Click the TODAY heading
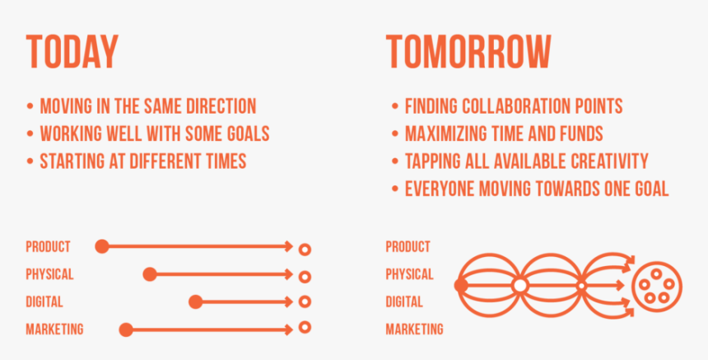click(x=72, y=52)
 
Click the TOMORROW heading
click(x=468, y=52)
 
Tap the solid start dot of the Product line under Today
click(x=102, y=246)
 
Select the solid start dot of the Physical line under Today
click(x=150, y=274)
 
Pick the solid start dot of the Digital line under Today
click(x=195, y=302)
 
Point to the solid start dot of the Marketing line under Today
click(x=126, y=330)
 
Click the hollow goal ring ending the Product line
click(x=305, y=250)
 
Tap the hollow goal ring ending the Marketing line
click(x=305, y=327)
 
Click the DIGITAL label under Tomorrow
click(x=404, y=302)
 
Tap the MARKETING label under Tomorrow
click(x=414, y=330)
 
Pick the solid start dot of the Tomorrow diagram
click(x=461, y=286)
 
